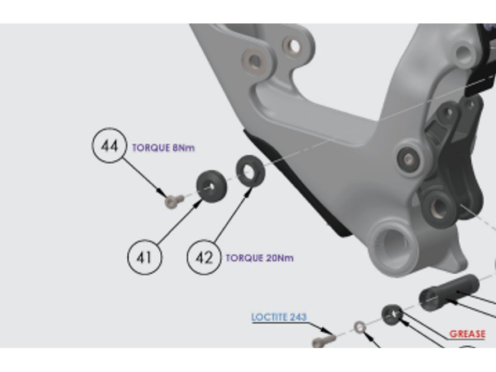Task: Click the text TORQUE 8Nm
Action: [163, 147]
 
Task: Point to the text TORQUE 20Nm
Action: [259, 258]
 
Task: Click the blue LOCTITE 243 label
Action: [279, 317]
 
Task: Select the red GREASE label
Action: [467, 333]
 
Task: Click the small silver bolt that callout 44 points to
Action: [174, 202]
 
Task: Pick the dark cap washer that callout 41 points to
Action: [211, 187]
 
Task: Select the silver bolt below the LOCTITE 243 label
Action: [323, 341]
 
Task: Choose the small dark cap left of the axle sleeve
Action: [392, 314]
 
